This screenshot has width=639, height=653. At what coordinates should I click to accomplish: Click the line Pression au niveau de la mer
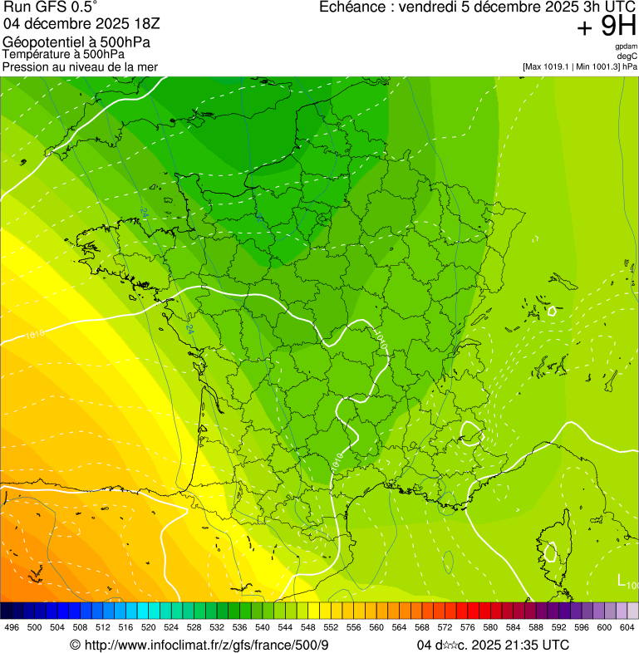[80, 66]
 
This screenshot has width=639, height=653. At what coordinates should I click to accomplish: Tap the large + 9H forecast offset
[606, 27]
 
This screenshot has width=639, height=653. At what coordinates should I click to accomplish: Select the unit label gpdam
[626, 46]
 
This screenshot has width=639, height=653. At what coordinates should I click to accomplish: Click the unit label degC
[627, 56]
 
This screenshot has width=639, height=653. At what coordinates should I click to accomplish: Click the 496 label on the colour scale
[12, 627]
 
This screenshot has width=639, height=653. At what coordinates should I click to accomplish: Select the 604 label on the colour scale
[627, 627]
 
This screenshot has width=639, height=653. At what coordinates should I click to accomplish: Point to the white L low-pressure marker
[622, 579]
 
